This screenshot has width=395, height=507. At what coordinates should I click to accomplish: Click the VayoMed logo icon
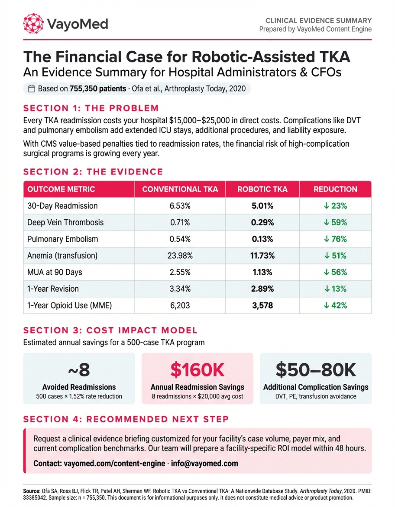(x=33, y=23)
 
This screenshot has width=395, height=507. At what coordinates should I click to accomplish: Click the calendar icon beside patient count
(x=31, y=89)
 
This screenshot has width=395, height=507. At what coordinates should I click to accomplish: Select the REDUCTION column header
(x=335, y=189)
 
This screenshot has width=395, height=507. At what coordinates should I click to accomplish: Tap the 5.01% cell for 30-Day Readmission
(x=263, y=206)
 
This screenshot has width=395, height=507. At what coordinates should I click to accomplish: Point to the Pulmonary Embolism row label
(x=62, y=239)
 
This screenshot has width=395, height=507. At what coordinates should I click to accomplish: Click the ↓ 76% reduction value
(x=335, y=239)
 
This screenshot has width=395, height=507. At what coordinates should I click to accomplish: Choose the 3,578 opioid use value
(x=263, y=305)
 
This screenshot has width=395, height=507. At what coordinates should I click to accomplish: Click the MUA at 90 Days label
(x=55, y=272)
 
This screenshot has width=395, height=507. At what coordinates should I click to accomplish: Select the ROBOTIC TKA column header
(x=263, y=189)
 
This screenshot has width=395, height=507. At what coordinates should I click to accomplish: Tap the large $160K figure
(x=197, y=369)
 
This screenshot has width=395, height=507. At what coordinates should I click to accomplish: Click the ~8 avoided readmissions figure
(x=79, y=369)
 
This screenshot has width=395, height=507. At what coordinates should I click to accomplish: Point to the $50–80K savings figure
(x=316, y=369)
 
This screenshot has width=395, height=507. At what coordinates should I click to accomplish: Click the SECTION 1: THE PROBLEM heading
(x=91, y=108)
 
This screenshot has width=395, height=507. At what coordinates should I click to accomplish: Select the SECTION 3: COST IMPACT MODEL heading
(x=110, y=330)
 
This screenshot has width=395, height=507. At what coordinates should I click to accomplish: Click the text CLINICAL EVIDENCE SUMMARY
(x=318, y=20)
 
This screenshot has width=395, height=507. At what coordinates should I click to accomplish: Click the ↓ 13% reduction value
(x=335, y=289)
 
